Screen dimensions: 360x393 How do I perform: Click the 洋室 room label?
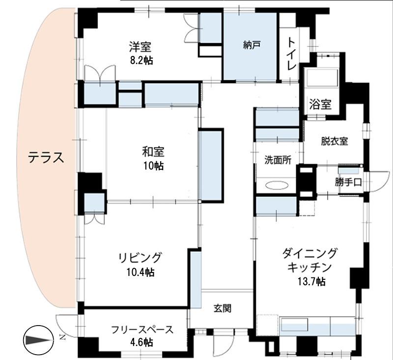click(140, 47)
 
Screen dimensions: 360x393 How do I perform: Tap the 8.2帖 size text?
click(140, 61)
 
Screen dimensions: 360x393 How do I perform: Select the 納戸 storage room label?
click(251, 45)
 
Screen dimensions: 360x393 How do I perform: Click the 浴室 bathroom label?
click(320, 104)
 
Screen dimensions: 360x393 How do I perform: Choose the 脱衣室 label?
click(335, 142)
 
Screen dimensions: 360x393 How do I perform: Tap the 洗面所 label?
click(278, 160)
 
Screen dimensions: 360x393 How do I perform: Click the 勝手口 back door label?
click(349, 182)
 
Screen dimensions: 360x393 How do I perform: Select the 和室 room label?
click(153, 151)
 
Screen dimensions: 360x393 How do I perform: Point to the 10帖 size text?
click(153, 165)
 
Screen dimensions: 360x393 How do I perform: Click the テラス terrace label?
click(46, 158)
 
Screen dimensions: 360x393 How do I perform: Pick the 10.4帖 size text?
click(140, 271)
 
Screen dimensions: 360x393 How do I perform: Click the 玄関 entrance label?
click(222, 309)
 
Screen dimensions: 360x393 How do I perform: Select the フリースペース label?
click(141, 330)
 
